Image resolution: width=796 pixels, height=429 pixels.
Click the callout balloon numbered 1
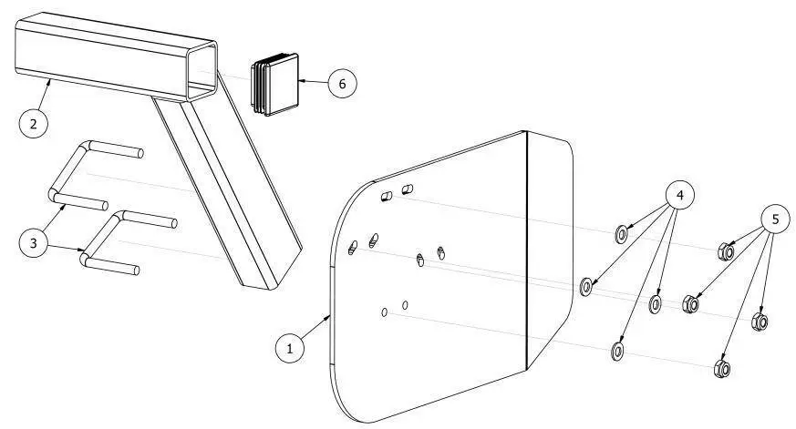[290, 348]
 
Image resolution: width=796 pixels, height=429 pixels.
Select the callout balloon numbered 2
[34, 123]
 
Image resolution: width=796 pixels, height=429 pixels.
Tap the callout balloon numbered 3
[34, 243]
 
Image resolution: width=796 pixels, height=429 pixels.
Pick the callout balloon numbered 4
[679, 195]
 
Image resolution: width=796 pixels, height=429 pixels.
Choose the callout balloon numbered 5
[775, 220]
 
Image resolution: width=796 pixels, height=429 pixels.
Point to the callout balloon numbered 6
[342, 83]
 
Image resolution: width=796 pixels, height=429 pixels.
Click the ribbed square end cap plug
[274, 84]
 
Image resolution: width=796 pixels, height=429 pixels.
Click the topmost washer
[621, 234]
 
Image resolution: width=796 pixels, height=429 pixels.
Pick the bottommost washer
[617, 351]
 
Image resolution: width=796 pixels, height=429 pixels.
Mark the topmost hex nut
[726, 251]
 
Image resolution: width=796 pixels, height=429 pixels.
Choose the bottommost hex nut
[722, 368]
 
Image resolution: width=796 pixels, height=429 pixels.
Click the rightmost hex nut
[759, 321]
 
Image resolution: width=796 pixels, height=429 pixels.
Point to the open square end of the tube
[202, 70]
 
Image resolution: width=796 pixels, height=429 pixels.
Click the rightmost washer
[656, 303]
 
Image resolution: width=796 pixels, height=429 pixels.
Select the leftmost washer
[586, 286]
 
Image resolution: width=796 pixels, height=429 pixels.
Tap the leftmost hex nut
[690, 303]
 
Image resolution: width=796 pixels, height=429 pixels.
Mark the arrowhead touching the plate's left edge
[328, 318]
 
